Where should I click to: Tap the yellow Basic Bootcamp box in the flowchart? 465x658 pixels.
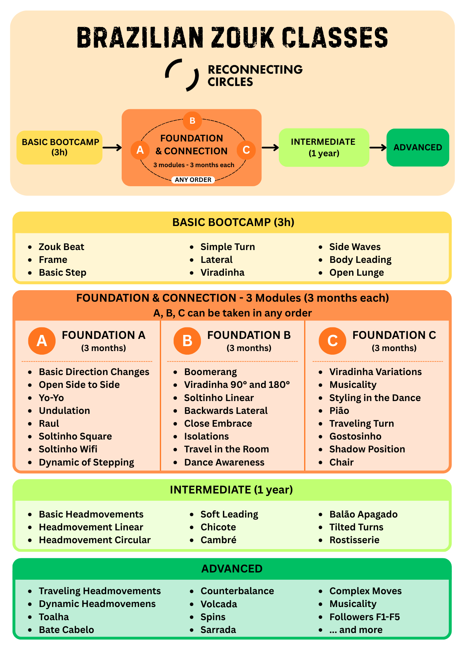[x=60, y=147]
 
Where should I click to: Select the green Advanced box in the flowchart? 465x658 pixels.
[x=418, y=147]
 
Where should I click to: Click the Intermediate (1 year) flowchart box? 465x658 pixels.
[x=324, y=147]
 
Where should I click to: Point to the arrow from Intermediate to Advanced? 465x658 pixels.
[x=378, y=147]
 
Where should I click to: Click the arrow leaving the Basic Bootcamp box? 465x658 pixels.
[x=112, y=147]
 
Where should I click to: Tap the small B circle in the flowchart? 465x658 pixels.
[x=192, y=121]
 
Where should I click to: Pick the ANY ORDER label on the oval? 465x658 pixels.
[x=193, y=180]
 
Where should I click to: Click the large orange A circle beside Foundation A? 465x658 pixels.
[x=42, y=341]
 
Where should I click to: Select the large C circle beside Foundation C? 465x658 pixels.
[x=332, y=341]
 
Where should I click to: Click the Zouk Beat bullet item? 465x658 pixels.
[x=61, y=247]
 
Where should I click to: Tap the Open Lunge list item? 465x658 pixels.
[x=357, y=272]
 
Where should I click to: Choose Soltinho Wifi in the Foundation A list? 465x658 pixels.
[x=68, y=449]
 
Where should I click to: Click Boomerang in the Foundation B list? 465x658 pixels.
[x=210, y=372]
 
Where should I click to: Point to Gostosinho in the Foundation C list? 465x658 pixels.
[x=355, y=436]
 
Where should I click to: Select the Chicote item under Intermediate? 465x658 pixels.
[x=218, y=527]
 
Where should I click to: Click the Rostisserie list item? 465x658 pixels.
[x=355, y=540]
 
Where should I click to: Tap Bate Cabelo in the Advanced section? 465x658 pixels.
[x=66, y=630]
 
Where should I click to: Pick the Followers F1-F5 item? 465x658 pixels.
[x=365, y=617]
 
